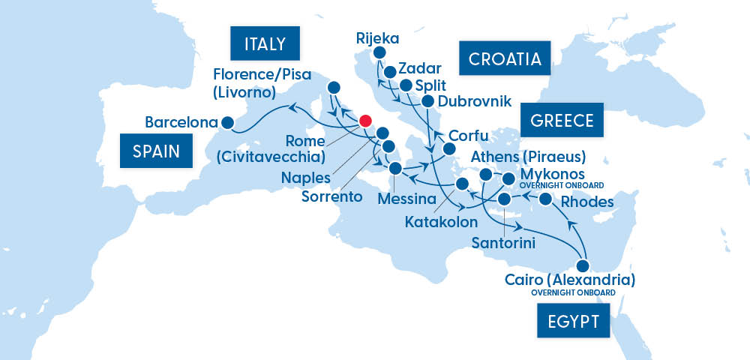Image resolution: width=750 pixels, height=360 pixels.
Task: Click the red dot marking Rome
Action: [365, 121]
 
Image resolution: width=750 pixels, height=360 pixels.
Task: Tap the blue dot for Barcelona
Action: [228, 122]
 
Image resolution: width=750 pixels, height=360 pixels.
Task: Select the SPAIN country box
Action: [156, 151]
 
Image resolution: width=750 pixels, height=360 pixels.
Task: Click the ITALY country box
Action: [265, 43]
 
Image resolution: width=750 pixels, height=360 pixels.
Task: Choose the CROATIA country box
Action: [505, 58]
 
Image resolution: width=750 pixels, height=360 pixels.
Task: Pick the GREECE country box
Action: [562, 120]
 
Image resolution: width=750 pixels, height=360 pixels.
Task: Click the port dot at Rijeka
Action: [379, 53]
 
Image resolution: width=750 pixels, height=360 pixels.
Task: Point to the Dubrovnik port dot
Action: [427, 101]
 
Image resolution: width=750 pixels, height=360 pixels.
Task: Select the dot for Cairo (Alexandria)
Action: [582, 265]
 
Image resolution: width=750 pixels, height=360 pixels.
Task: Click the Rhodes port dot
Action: [546, 199]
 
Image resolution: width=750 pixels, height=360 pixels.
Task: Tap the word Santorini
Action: [503, 242]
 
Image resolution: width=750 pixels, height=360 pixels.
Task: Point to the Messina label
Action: [407, 199]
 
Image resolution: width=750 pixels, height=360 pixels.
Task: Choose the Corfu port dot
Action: [450, 148]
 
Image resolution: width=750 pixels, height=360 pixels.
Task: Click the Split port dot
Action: [406, 85]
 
